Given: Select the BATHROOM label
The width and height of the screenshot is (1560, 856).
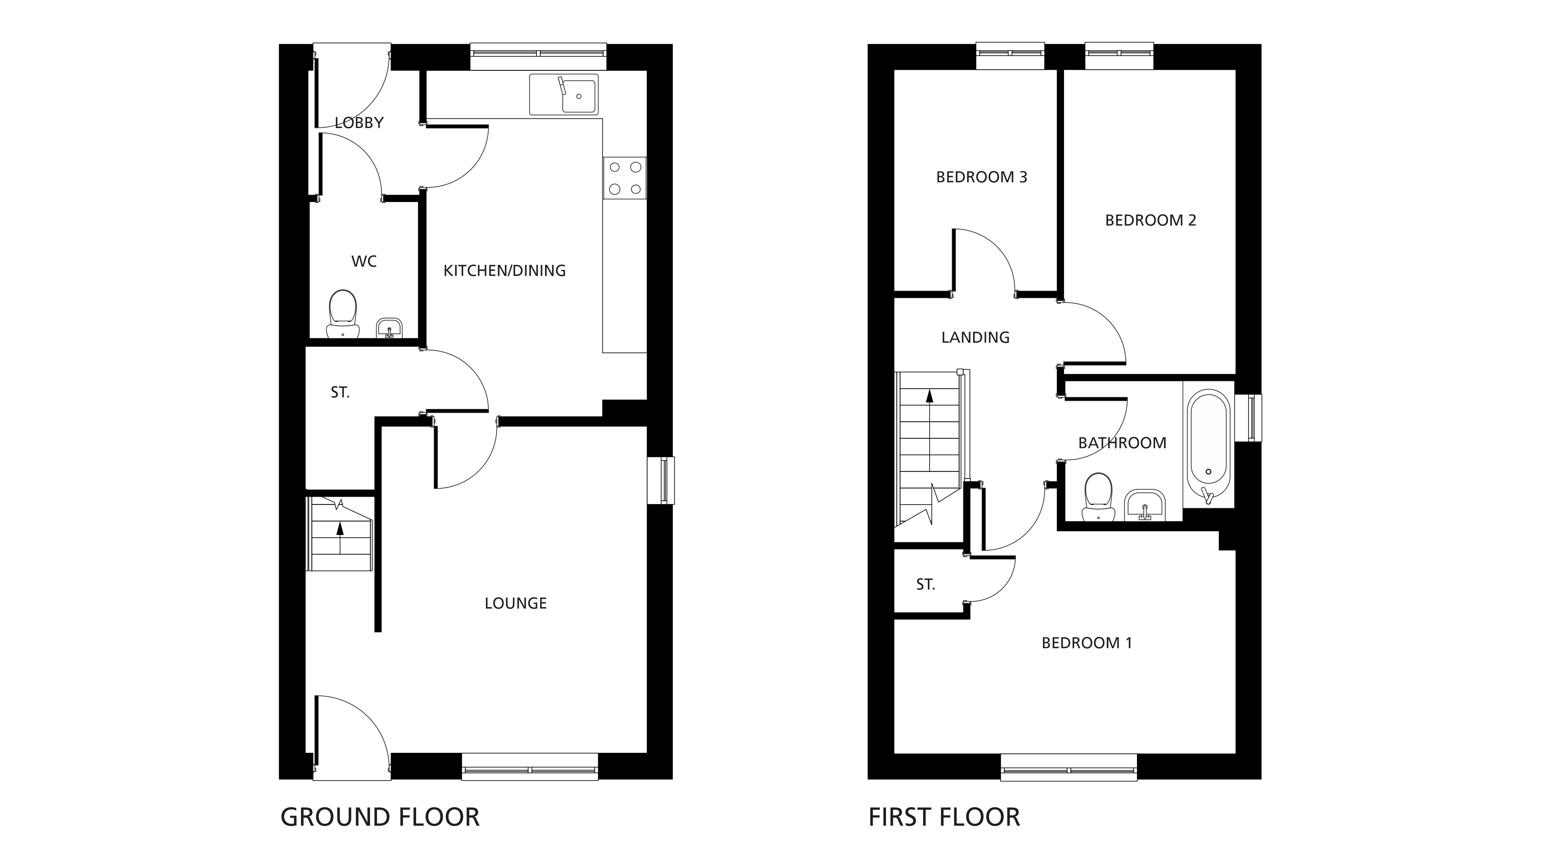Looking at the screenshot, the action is (x=1122, y=443).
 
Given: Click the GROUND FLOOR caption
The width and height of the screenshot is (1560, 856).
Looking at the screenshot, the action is (x=380, y=817).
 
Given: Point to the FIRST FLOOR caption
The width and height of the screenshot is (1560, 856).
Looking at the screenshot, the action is (x=944, y=817).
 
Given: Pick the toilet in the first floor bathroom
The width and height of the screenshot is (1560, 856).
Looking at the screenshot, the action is (x=1098, y=497).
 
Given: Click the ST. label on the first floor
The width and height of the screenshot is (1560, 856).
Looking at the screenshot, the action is (x=925, y=585).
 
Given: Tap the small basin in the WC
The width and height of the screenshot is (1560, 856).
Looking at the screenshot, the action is (x=389, y=328).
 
